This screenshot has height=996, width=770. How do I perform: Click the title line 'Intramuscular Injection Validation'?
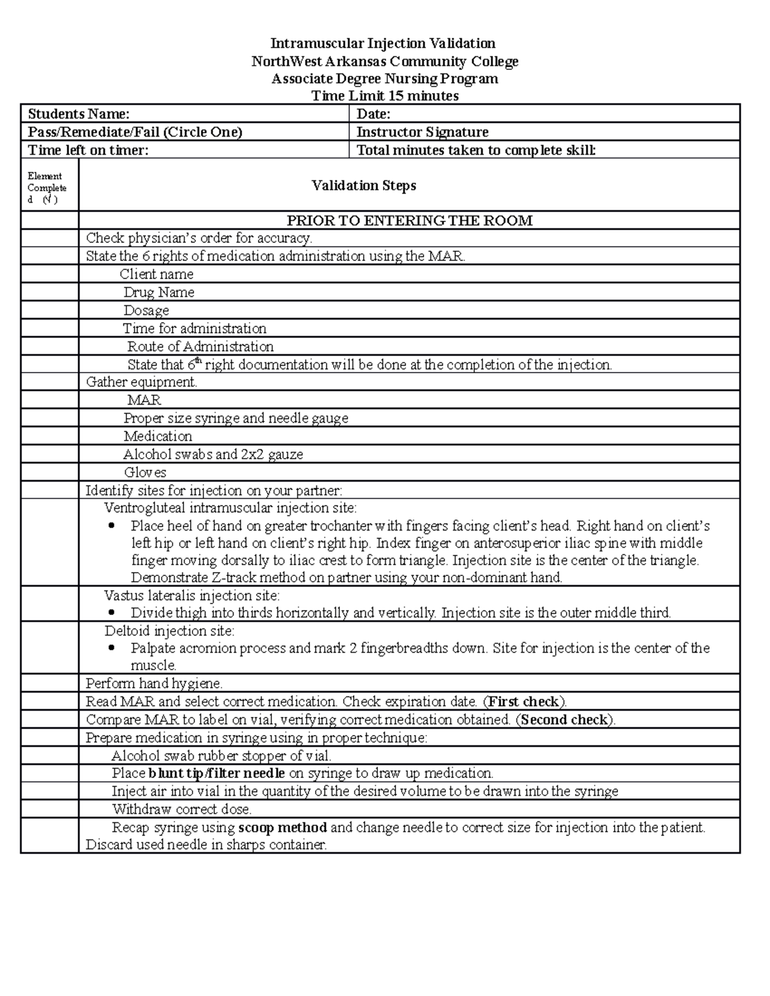click(382, 43)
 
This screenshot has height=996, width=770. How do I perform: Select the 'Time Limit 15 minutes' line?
click(384, 96)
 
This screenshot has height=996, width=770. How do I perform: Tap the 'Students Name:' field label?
click(79, 114)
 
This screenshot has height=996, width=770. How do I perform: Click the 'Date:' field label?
click(373, 114)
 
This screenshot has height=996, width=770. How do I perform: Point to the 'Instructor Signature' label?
click(422, 132)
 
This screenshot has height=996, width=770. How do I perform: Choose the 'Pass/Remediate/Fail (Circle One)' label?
click(135, 132)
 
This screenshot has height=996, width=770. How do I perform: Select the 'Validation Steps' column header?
click(364, 185)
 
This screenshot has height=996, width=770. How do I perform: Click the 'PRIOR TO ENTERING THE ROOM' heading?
click(409, 221)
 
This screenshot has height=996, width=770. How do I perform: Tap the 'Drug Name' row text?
click(158, 292)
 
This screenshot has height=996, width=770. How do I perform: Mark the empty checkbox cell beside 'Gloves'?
click(49, 473)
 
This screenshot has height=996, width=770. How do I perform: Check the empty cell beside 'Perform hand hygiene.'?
click(49, 683)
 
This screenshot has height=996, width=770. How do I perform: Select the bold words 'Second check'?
click(564, 720)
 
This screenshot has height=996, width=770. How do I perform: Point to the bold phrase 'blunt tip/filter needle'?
click(216, 773)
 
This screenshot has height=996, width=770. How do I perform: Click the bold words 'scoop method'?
click(282, 827)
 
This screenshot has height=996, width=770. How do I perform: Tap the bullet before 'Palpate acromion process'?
click(113, 648)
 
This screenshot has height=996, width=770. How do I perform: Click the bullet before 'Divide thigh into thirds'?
click(113, 612)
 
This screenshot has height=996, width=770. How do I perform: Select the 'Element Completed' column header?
click(46, 187)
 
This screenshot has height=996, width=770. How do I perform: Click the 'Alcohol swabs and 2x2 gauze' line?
click(213, 455)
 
